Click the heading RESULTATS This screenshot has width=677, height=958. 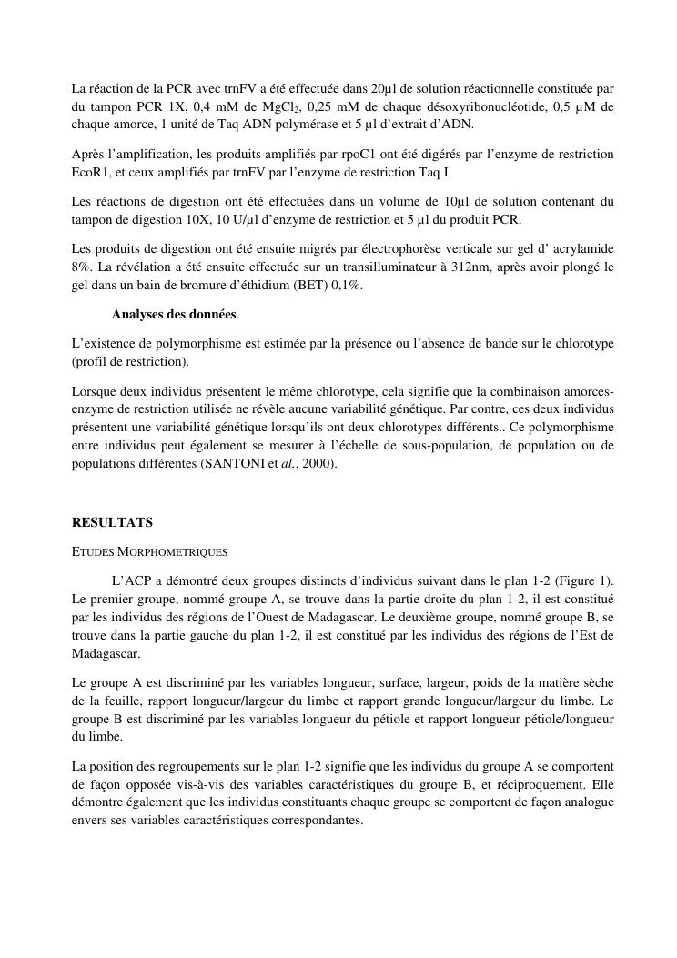point(113,522)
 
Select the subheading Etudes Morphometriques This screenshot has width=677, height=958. point(149,551)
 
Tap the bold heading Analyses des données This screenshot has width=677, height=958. point(174,315)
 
